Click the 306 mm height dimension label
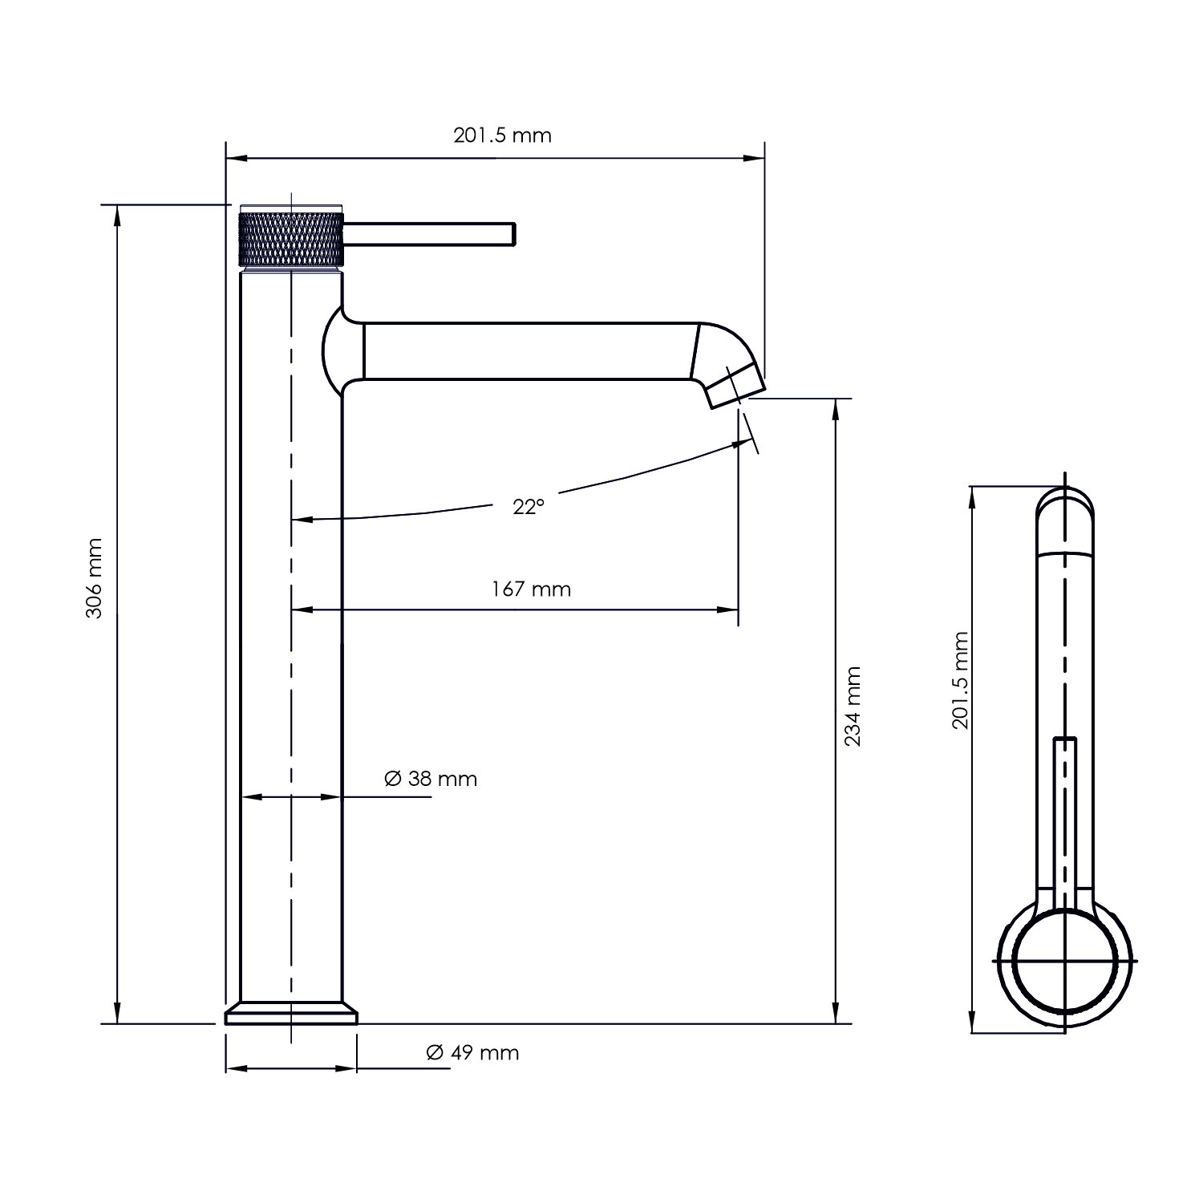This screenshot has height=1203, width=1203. (95, 577)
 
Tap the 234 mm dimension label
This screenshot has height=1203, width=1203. (853, 706)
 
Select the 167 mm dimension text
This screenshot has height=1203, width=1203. (531, 589)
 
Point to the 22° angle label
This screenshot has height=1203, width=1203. (529, 507)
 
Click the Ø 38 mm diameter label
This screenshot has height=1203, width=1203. (431, 779)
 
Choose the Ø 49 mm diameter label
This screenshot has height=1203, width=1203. (473, 1053)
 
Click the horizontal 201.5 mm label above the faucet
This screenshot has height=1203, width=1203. (503, 135)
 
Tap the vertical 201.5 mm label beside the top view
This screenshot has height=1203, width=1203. (961, 680)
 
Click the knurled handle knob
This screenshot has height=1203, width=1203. (292, 236)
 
